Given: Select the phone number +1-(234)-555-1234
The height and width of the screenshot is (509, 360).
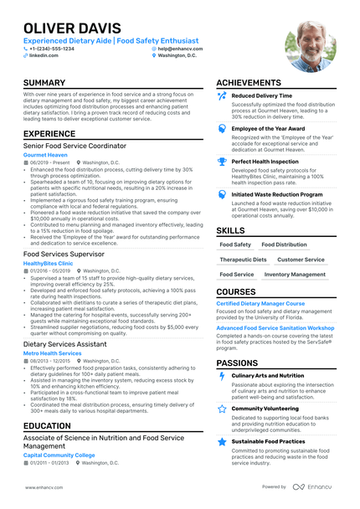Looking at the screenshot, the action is [52, 49].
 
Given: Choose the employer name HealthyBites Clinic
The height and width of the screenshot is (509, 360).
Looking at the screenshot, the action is [48, 263].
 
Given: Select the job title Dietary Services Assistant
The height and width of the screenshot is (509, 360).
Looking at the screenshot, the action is [64, 344].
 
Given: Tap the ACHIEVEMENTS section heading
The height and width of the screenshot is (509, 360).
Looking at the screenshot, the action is [255, 84].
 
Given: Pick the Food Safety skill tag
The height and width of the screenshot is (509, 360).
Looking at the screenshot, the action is [235, 245].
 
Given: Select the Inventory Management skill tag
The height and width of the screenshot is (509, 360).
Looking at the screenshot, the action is [295, 274].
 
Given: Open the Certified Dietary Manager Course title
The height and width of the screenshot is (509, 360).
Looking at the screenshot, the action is [260, 303].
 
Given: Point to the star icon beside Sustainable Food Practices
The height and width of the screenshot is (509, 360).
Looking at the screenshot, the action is [222, 440].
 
